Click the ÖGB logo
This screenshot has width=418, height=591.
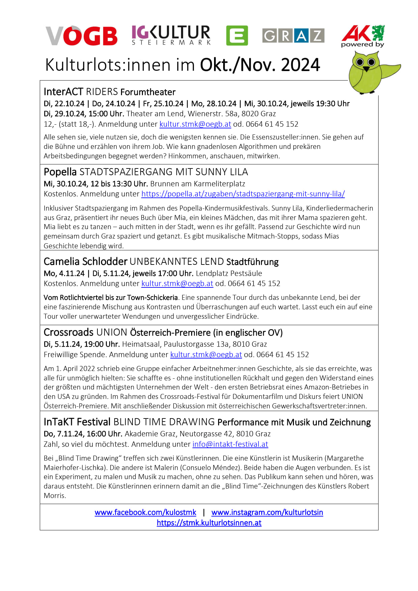(x=82, y=36)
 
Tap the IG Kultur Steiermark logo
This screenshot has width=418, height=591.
(x=171, y=35)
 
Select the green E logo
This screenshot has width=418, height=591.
(x=237, y=35)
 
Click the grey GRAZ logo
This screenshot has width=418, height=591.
(x=293, y=35)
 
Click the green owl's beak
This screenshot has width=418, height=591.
(x=366, y=69)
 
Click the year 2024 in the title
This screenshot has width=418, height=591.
(x=300, y=65)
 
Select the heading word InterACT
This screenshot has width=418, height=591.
(x=63, y=92)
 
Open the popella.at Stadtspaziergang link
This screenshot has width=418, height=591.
(x=243, y=194)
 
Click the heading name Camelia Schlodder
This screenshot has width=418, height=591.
(x=86, y=261)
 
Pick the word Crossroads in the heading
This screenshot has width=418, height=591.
(x=68, y=332)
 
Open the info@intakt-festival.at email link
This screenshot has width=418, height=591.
(x=230, y=444)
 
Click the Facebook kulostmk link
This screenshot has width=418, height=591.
(x=145, y=512)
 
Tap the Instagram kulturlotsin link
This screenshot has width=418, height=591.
(x=267, y=512)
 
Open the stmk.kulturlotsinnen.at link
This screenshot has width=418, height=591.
(x=209, y=523)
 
